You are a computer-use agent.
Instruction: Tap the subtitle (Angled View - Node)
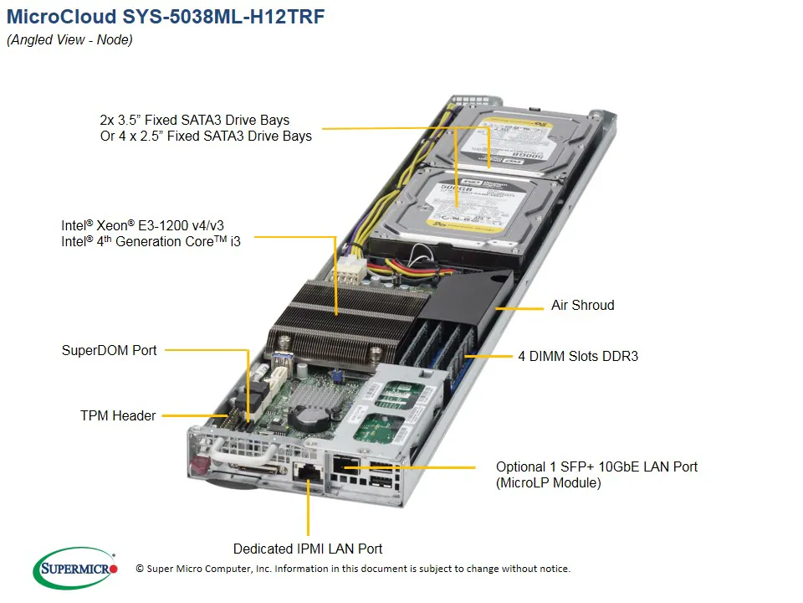tap(69, 40)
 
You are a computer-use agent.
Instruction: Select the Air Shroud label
tap(582, 306)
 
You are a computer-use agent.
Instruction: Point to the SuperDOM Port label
tap(109, 350)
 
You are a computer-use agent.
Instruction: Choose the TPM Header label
tap(118, 415)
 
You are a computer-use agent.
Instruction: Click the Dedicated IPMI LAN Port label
tap(307, 549)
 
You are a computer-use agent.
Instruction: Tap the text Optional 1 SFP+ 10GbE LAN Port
tap(596, 466)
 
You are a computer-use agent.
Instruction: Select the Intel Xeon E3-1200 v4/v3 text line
tap(142, 225)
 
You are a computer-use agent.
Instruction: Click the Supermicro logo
tap(74, 569)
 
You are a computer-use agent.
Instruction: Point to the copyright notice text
tap(352, 569)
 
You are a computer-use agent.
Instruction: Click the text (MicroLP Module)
tap(548, 483)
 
